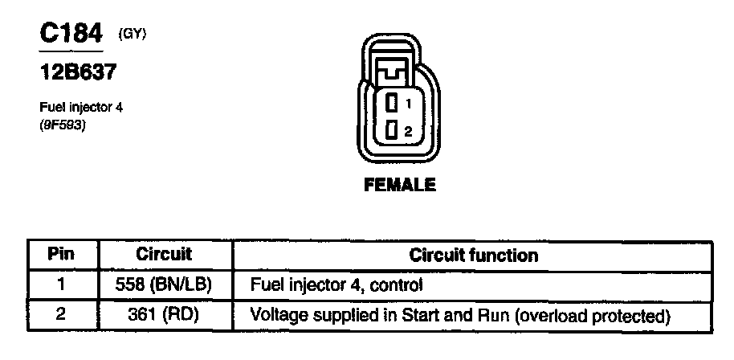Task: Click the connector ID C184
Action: click(x=71, y=34)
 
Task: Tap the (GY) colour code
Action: click(x=133, y=34)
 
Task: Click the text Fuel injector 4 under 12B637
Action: click(x=80, y=107)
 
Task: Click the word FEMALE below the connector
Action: click(x=400, y=185)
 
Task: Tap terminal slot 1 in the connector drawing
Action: click(x=391, y=104)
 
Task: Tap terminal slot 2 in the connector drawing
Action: click(x=391, y=130)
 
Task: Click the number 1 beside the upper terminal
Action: click(x=409, y=104)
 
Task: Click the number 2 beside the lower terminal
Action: click(x=409, y=131)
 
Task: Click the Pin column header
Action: click(x=61, y=256)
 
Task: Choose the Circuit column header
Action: click(x=165, y=256)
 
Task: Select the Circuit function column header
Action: click(x=473, y=256)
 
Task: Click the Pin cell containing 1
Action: click(x=61, y=284)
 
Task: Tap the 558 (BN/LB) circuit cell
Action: click(x=165, y=284)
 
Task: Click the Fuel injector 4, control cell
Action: click(x=336, y=284)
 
